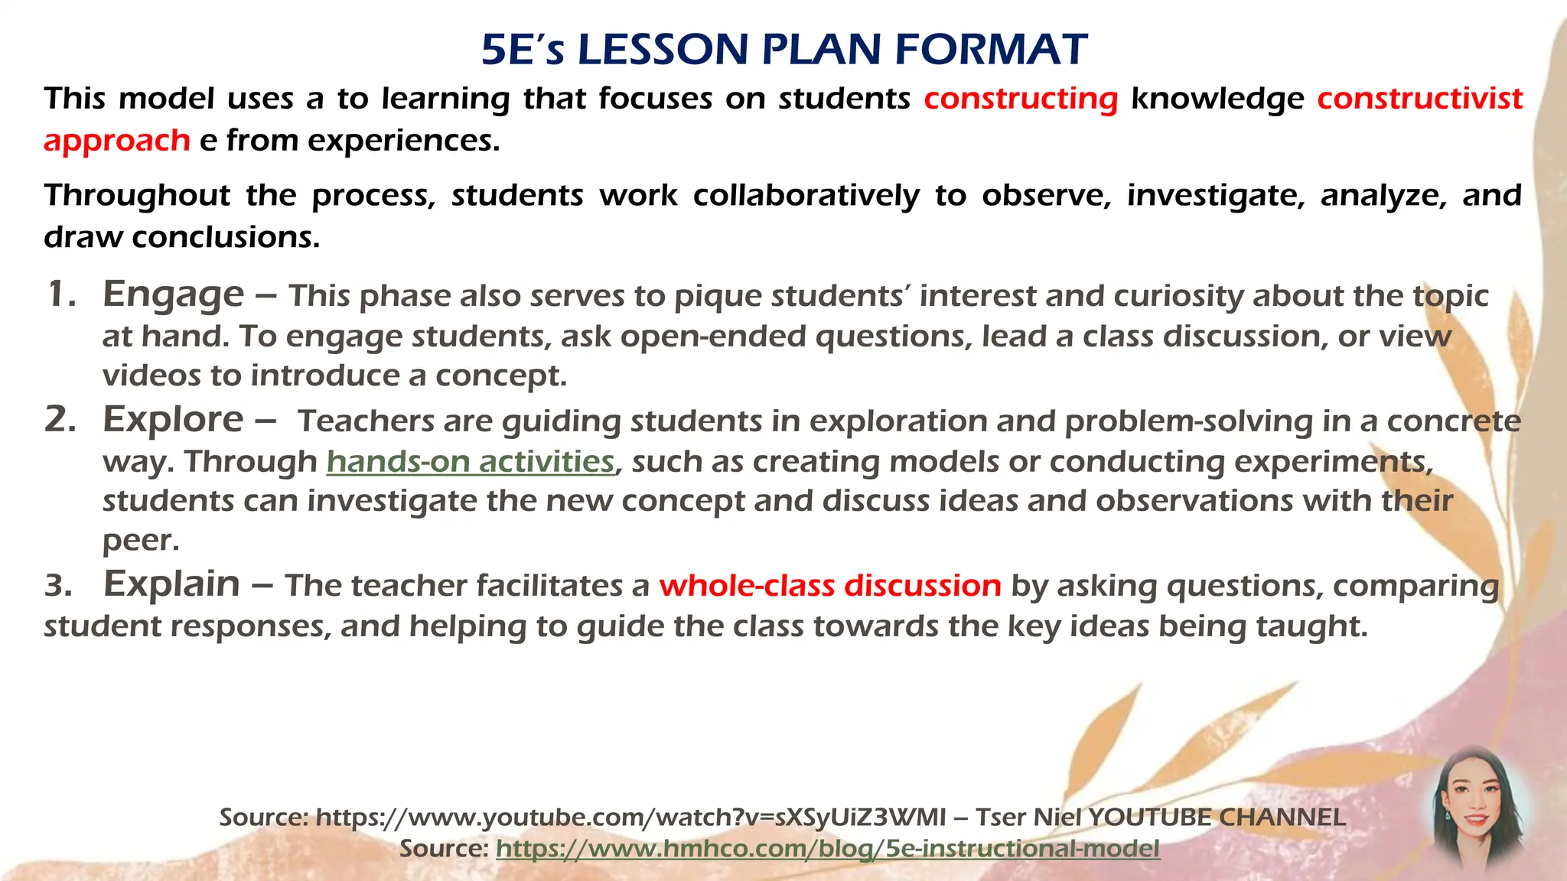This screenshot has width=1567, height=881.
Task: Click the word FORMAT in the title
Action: click(991, 50)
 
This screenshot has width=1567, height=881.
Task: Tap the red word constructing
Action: click(1021, 99)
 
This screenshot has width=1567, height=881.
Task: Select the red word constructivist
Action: click(1419, 99)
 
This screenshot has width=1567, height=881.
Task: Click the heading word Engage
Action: click(174, 295)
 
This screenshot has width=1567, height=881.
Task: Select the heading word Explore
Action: click(173, 420)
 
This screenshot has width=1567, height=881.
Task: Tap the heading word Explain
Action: click(172, 585)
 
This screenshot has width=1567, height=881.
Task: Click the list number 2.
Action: click(60, 420)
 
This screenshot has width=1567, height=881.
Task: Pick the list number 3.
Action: click(58, 587)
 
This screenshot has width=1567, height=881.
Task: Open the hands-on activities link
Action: click(470, 462)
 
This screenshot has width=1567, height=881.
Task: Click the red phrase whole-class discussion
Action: click(830, 587)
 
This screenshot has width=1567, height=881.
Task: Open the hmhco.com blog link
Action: click(827, 849)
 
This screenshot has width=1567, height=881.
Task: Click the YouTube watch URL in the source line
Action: click(630, 818)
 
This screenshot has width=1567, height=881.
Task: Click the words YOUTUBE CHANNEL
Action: click(1217, 818)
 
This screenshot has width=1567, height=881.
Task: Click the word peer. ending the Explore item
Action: click(141, 541)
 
